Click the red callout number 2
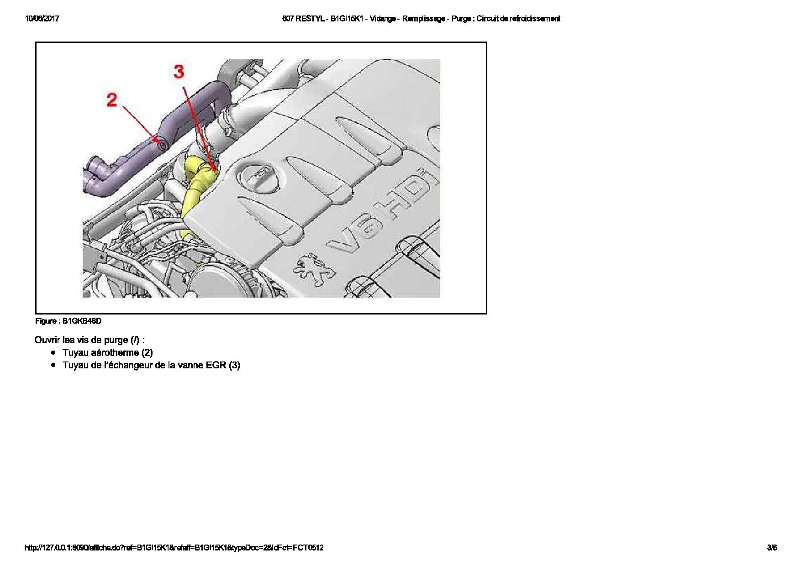(112, 100)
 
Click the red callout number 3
(179, 71)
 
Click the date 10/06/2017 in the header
(42, 19)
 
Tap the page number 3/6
(772, 547)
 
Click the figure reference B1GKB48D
(82, 321)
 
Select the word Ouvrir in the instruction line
(47, 340)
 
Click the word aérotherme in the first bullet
(116, 352)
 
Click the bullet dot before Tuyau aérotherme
(53, 352)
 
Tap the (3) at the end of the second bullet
(234, 365)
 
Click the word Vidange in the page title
(383, 19)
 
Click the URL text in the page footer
(174, 547)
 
